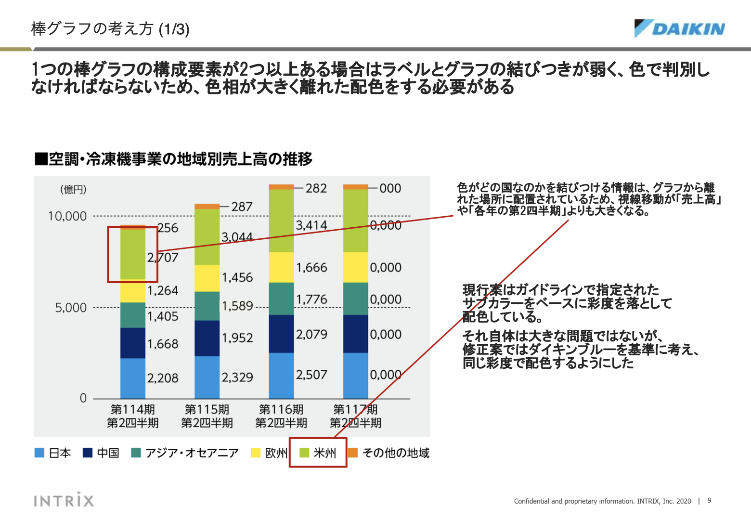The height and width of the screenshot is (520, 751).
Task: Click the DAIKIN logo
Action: coord(680,28)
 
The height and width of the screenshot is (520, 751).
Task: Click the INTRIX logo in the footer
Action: coord(64,500)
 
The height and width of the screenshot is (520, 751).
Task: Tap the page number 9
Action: coord(709,501)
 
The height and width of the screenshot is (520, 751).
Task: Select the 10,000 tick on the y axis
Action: coord(67,216)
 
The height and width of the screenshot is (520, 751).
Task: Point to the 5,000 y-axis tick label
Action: coord(71,308)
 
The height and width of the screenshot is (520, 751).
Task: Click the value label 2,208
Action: coord(163,378)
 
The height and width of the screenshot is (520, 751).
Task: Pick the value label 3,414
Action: coord(311,225)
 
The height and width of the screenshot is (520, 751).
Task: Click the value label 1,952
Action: coord(237,338)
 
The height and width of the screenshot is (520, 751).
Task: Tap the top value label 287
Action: coord(242,207)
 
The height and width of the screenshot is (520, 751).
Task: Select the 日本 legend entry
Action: coord(53,453)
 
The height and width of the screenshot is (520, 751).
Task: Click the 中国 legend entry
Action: coord(101,453)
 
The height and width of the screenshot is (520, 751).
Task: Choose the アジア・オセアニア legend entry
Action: coord(185,453)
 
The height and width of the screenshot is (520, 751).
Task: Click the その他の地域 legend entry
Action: coord(388,453)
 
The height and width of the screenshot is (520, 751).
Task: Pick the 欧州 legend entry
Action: coord(269,453)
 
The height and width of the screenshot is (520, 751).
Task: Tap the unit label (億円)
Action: coord(73,190)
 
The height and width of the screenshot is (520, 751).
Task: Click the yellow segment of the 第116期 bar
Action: coord(281,267)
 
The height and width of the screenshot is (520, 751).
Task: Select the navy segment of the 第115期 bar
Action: coord(207,338)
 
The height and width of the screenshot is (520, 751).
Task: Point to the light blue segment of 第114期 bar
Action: coord(133,378)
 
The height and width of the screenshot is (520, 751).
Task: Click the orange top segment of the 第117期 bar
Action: coord(355,187)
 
